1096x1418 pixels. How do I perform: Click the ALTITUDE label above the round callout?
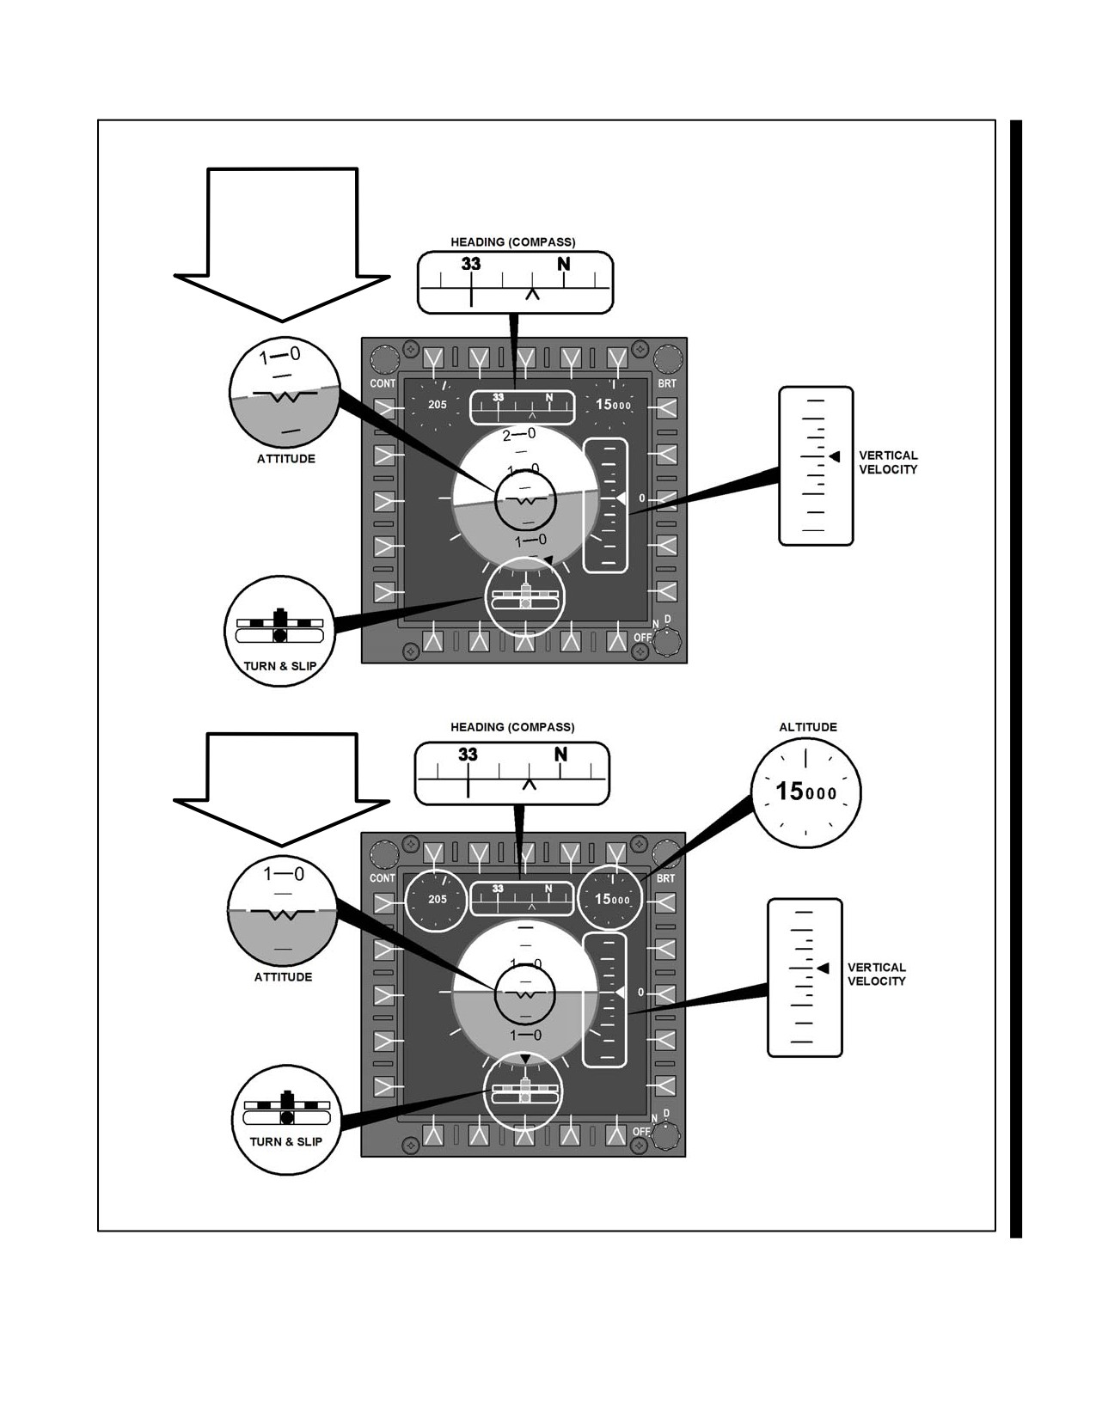[807, 727]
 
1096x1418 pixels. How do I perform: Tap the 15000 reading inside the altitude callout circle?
[805, 792]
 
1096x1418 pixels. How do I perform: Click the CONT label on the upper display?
[383, 383]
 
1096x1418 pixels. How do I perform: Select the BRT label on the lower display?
[666, 878]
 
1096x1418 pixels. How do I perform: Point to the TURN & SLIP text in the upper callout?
[280, 666]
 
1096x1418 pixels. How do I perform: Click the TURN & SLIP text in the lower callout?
[286, 1141]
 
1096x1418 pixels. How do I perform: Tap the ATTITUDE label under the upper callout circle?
[286, 459]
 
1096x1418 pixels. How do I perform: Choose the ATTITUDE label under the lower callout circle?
[284, 977]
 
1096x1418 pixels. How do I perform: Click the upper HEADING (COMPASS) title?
[513, 242]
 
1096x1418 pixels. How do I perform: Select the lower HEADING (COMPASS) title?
[512, 727]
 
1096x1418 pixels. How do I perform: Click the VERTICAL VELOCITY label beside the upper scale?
[888, 462]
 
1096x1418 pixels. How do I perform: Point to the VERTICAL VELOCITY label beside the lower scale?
[877, 975]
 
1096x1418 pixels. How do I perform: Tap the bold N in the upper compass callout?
[563, 264]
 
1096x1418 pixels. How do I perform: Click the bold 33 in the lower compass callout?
[468, 755]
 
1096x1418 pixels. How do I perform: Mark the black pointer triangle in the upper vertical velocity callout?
[834, 457]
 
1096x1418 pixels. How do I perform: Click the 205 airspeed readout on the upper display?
[438, 405]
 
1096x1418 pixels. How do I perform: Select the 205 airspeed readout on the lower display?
[438, 899]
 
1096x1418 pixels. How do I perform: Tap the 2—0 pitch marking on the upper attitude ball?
[519, 434]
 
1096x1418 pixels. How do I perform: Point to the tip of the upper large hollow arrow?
[282, 321]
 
